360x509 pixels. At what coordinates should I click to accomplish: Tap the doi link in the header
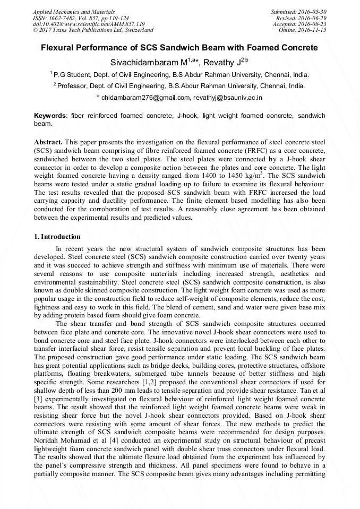[x=88, y=24]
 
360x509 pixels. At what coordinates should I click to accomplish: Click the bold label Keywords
[x=50, y=115]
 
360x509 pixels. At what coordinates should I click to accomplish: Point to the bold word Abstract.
[x=48, y=143]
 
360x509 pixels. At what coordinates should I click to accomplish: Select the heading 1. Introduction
[x=57, y=237]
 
